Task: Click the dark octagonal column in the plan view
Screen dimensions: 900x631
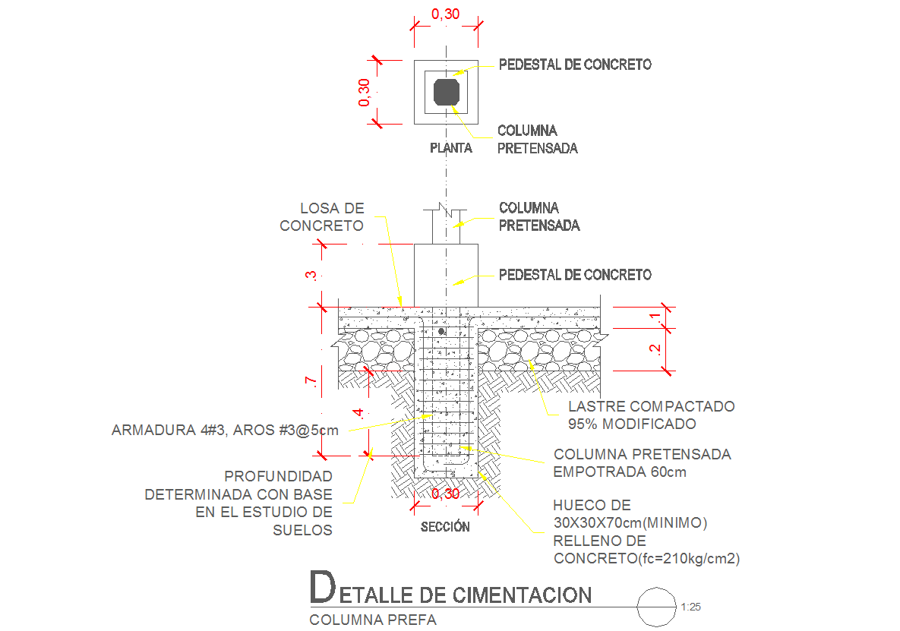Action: tap(447, 92)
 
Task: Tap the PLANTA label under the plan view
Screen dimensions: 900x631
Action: tap(451, 148)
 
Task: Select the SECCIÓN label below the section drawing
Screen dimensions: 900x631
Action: tap(445, 526)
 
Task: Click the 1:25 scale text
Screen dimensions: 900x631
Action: tap(690, 607)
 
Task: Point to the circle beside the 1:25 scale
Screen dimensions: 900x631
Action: tap(656, 606)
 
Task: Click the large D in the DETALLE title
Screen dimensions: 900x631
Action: tap(322, 588)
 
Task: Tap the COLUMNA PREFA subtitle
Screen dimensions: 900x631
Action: tap(373, 620)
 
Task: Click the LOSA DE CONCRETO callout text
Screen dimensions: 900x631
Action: tap(322, 216)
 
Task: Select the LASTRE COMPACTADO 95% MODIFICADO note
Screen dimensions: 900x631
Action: tap(651, 415)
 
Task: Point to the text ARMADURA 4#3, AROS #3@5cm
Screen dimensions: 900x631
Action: tap(225, 430)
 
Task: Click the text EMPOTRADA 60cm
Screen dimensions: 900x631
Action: tap(620, 472)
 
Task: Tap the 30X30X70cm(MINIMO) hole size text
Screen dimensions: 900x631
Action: tap(630, 522)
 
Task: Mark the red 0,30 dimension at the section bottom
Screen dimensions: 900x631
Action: tap(445, 494)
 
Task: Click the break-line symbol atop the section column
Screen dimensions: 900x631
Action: tap(445, 208)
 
